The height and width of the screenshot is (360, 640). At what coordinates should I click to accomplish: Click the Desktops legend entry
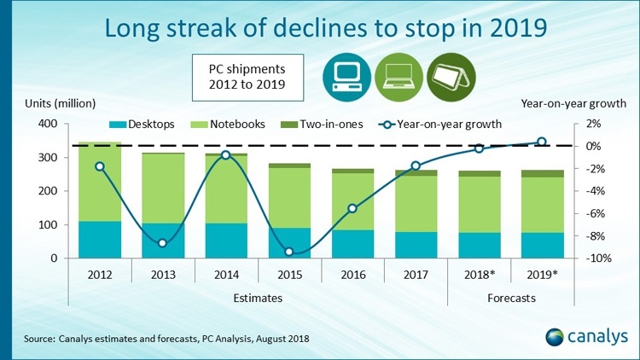point(145,124)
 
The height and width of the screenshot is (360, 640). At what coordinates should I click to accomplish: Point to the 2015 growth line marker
point(289,252)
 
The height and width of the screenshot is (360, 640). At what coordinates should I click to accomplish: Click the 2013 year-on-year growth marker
point(163,244)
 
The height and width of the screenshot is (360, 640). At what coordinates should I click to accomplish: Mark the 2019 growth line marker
point(542,142)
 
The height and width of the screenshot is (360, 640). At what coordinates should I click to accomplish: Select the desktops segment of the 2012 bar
point(100,240)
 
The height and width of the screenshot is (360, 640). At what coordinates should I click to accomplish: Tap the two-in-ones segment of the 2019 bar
point(542,174)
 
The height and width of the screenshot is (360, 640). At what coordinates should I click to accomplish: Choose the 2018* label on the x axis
point(479,275)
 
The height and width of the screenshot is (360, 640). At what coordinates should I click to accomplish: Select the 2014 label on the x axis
point(226,275)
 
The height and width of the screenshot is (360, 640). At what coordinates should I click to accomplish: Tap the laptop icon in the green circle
point(398,75)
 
